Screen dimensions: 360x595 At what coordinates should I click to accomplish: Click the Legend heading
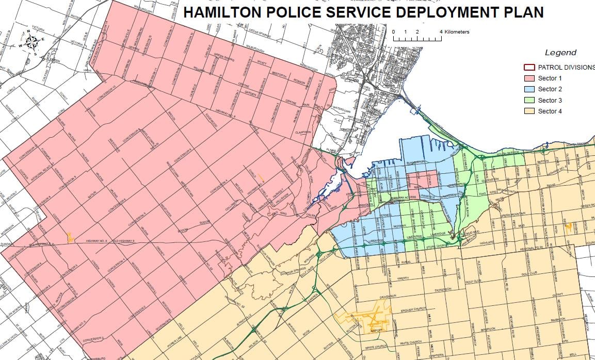pyautogui.click(x=560, y=53)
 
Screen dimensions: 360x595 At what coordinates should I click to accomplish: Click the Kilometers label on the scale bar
pyautogui.click(x=457, y=32)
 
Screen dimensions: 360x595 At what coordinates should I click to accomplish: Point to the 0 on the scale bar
pyautogui.click(x=393, y=32)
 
